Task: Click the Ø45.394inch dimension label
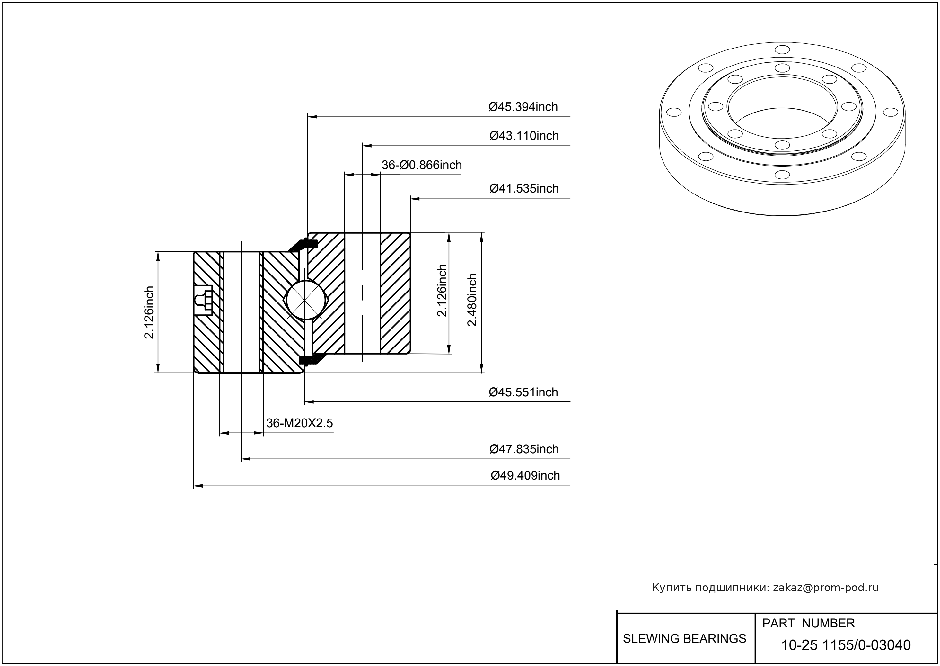coord(523,107)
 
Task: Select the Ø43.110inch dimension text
coord(524,135)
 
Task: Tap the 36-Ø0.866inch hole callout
coord(421,165)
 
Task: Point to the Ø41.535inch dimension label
coord(524,188)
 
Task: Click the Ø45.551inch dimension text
coord(523,392)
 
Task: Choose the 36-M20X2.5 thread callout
coord(300,423)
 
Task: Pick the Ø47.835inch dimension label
coord(524,449)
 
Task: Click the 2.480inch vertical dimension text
coord(472,300)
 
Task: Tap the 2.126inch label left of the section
coord(149,312)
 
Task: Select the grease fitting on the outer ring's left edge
coord(204,300)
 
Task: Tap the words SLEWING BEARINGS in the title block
coord(684,639)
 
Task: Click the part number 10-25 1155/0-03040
coord(846,645)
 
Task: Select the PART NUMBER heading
coord(808,623)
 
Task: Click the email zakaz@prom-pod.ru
coord(825,588)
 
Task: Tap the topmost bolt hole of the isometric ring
coord(782,50)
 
